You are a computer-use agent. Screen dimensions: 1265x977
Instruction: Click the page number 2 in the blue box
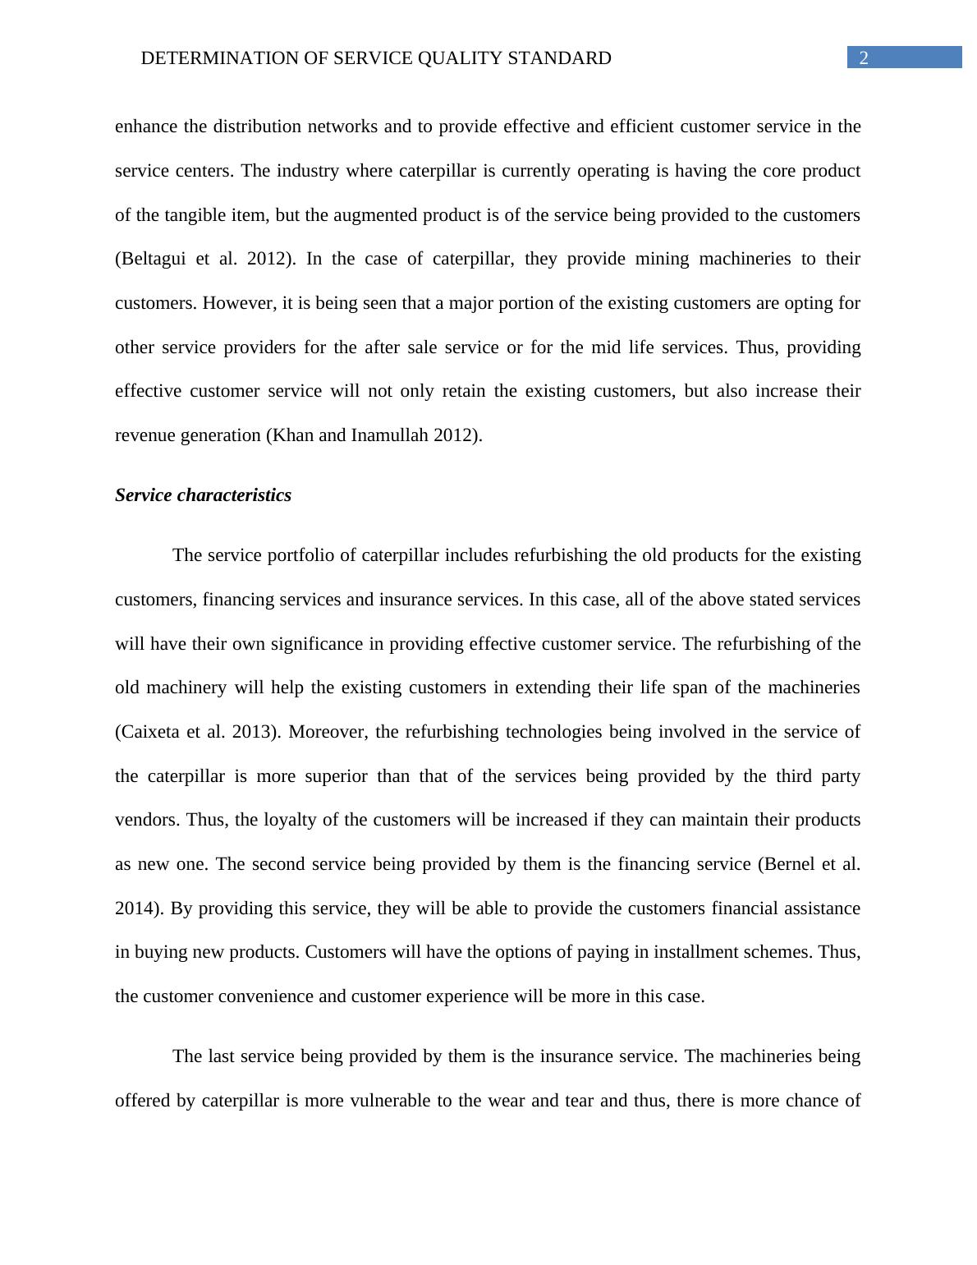(863, 57)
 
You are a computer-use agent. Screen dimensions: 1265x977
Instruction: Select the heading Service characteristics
(203, 495)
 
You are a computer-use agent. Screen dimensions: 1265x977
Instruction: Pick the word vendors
(145, 820)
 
